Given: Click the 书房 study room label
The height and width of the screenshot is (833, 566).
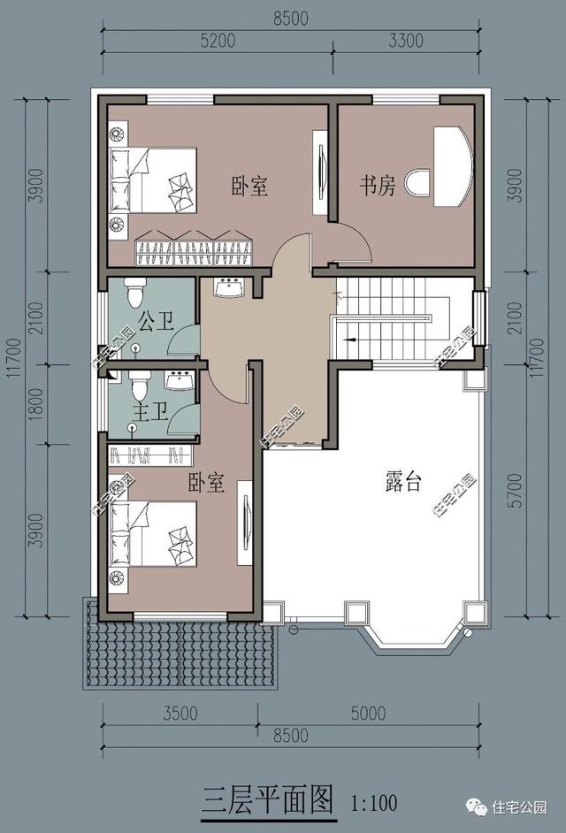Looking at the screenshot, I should point(376,186).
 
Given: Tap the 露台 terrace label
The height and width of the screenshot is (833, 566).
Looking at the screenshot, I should point(403,483).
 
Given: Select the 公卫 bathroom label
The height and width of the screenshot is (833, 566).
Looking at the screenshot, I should point(156,320).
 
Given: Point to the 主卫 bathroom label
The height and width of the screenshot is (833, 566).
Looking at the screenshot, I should point(150,413).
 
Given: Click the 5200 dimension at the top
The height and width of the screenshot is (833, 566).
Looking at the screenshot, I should point(218,40).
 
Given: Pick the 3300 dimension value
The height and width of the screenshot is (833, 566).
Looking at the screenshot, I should point(405,40).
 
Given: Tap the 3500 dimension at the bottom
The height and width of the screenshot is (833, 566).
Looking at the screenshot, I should point(180,715).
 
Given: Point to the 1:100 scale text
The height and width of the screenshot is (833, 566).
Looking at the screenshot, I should point(373,803).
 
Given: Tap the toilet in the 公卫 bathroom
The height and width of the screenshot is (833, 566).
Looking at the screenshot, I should point(134,291).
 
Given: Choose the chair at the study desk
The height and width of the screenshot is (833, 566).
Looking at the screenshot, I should point(417,184).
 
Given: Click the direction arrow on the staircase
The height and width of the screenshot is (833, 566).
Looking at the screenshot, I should point(352,338).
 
